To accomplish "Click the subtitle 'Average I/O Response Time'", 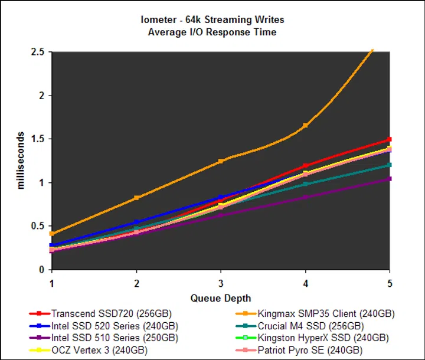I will click(x=212, y=32).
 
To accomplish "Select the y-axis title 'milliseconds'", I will click(x=21, y=161).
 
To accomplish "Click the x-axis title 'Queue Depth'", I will click(x=220, y=299).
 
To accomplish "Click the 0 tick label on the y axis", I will click(x=41, y=270).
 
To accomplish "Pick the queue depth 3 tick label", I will click(x=220, y=282).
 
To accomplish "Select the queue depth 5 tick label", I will click(x=389, y=282).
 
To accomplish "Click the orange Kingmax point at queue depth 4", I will click(x=305, y=126).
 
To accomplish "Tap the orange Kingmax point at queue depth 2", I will click(x=136, y=198).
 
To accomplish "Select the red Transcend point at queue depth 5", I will click(x=389, y=139).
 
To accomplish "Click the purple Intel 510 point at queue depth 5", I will click(x=389, y=179).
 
